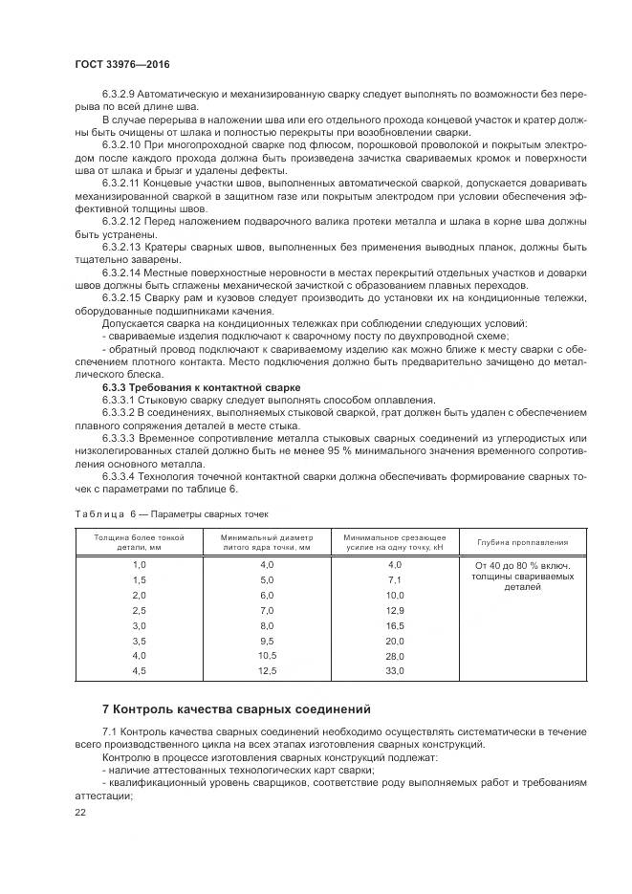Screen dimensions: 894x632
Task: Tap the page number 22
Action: pos(79,813)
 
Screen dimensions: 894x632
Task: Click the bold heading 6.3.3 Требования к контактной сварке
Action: pos(201,386)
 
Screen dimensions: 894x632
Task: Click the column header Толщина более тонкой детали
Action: pos(139,542)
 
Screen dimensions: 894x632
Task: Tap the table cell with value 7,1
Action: pos(394,580)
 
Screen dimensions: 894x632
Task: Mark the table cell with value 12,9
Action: pos(394,610)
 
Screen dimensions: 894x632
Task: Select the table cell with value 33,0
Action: pos(394,671)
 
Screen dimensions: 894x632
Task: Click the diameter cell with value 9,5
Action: pos(266,641)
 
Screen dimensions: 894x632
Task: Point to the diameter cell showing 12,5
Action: pos(266,671)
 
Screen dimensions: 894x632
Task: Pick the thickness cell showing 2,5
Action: pos(139,610)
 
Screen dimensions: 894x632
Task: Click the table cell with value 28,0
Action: pos(394,656)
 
